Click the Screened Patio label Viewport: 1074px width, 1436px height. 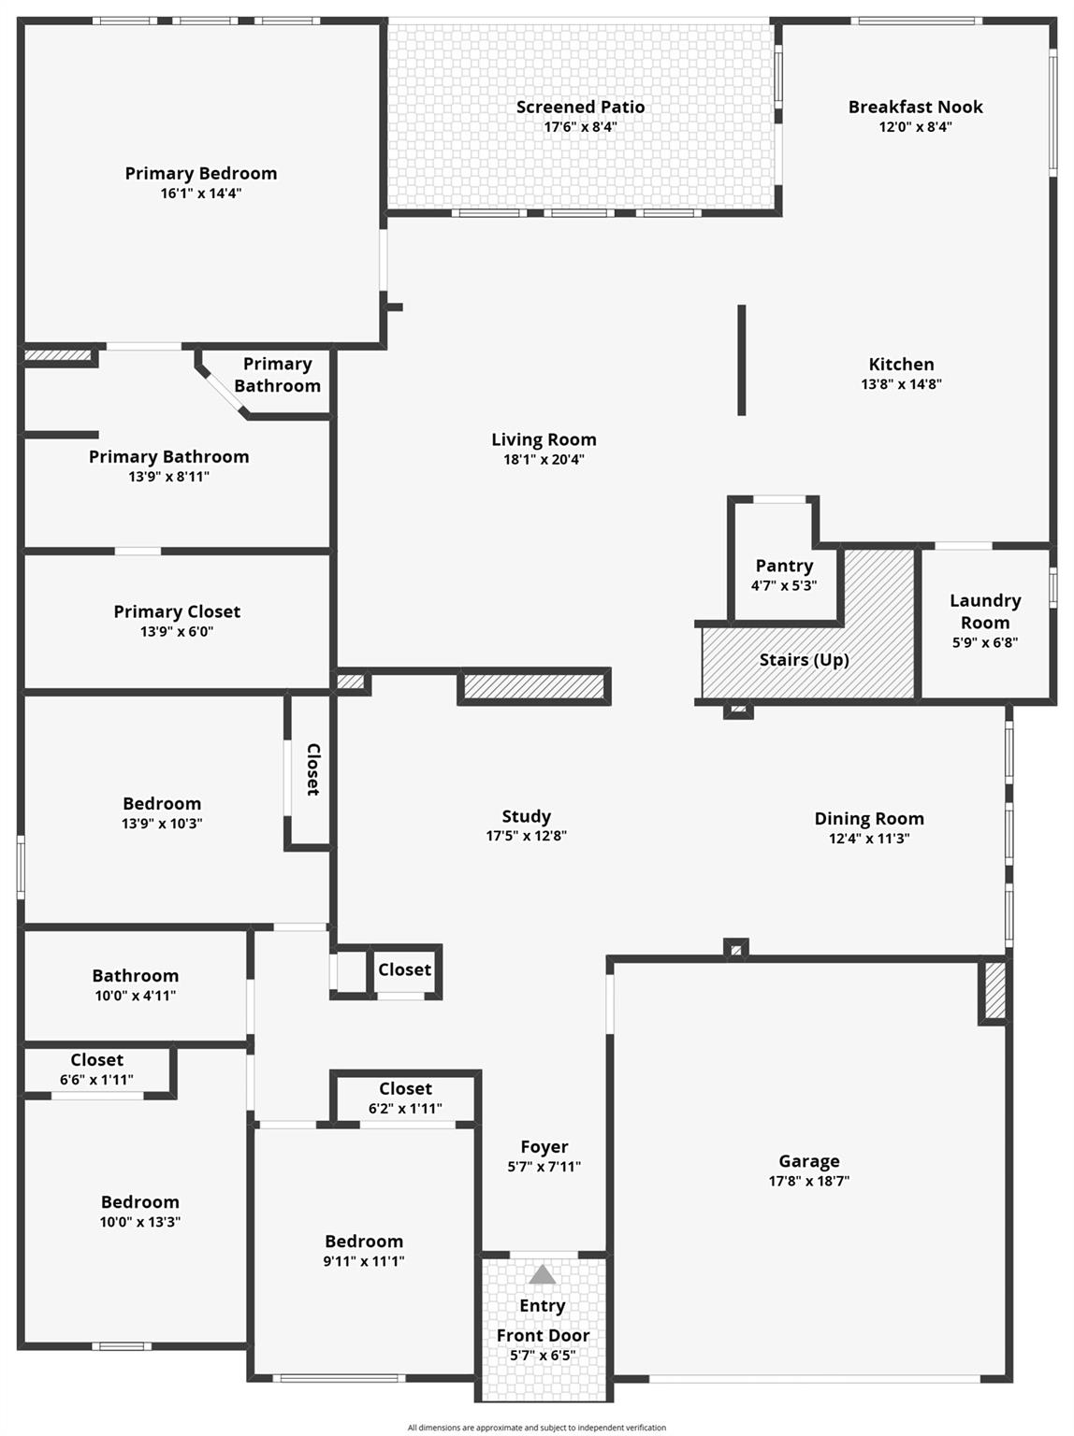(580, 108)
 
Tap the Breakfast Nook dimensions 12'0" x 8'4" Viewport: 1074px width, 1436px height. (915, 127)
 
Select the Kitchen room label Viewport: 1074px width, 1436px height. (901, 365)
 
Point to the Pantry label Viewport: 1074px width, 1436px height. (784, 566)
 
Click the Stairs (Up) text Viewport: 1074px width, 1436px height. (804, 660)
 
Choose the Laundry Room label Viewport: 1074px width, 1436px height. (985, 611)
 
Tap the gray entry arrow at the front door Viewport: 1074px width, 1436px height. (543, 1275)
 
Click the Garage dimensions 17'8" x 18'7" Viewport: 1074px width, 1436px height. (808, 1181)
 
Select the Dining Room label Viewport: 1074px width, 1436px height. (869, 819)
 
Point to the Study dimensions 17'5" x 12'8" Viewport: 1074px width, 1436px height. (526, 836)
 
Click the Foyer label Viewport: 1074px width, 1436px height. (544, 1147)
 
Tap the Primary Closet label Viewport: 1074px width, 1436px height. (177, 611)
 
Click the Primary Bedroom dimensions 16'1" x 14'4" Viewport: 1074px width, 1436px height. (200, 194)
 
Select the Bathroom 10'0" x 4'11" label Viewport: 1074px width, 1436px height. (135, 976)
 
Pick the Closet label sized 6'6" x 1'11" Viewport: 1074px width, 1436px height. (96, 1060)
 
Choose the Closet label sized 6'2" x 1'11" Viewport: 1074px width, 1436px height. (405, 1089)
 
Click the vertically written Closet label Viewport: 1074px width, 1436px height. (313, 769)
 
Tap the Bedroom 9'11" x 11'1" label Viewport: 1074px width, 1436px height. (364, 1242)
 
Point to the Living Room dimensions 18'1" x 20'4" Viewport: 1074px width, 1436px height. (544, 460)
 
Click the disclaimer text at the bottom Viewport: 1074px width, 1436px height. (536, 1428)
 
